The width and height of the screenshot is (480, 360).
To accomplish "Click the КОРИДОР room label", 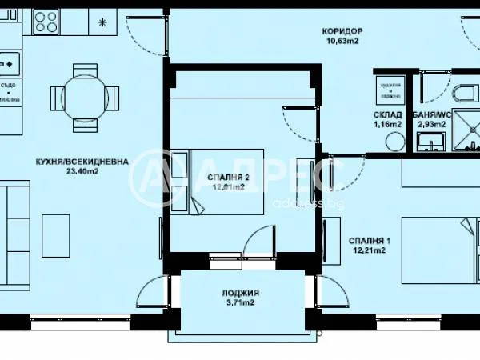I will coord(342,31).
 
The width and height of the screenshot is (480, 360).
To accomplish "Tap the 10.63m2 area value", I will coord(342,42).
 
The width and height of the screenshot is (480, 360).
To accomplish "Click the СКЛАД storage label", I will coord(387,114).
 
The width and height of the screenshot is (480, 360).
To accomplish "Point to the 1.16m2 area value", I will coord(387,125).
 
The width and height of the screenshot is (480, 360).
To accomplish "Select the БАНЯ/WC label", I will coord(433,114).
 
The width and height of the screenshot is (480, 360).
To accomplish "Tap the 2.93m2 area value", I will coord(433,125).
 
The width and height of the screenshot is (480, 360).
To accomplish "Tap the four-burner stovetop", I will coord(46,21).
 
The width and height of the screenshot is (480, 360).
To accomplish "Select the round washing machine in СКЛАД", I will coord(395,141).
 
